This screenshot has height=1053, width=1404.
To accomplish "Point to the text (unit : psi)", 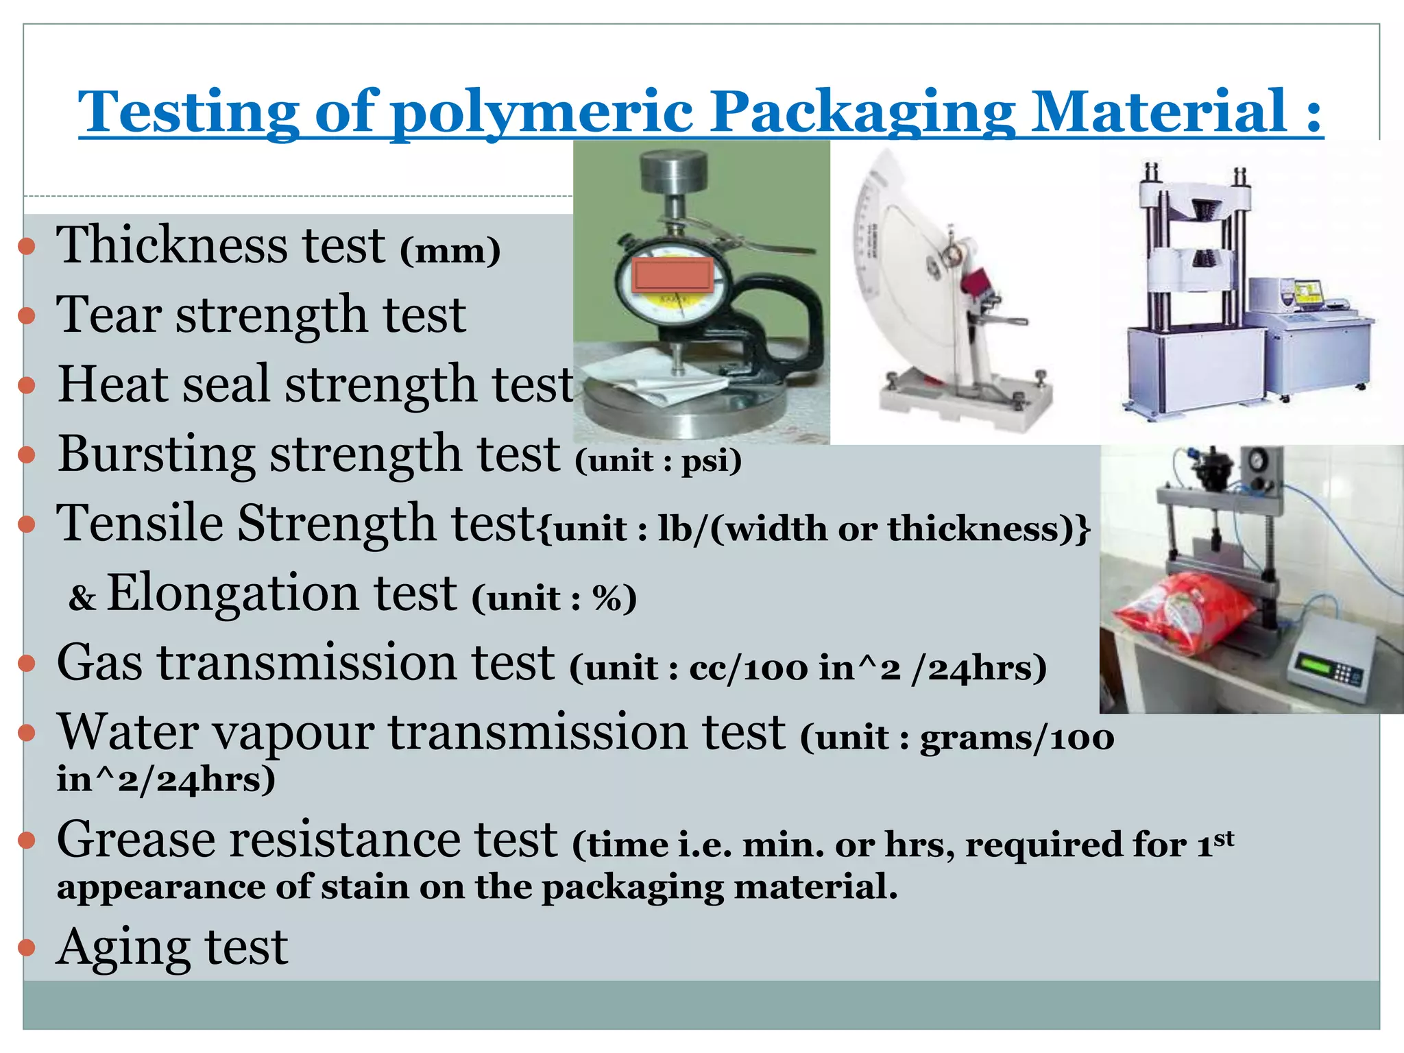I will click(659, 460).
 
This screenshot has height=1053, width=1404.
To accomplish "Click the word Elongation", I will click(281, 592).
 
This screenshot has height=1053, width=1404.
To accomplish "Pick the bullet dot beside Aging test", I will click(26, 948).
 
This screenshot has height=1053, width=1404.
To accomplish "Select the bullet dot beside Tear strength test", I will click(26, 315).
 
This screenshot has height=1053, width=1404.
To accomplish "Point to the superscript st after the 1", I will click(1224, 837).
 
